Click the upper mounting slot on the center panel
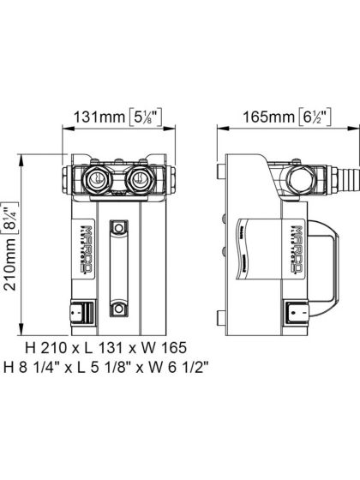click(118, 231)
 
